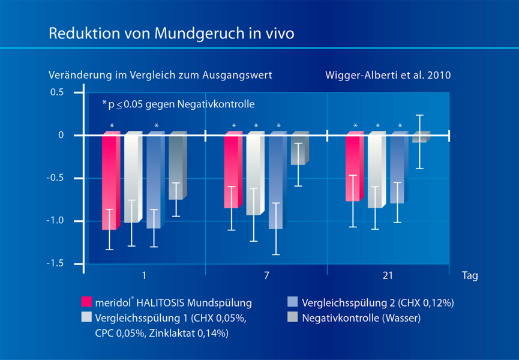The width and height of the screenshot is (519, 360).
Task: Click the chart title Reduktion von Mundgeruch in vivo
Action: pos(171,33)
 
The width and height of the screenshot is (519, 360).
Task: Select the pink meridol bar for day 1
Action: pos(109,180)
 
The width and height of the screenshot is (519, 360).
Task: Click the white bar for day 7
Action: pos(253,174)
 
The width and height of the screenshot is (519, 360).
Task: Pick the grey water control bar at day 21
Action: pos(419,138)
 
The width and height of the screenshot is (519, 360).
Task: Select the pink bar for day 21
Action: pos(353,168)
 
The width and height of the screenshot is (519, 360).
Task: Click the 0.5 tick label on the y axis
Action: pos(57,92)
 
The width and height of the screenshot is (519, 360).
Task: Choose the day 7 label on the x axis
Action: pos(266,276)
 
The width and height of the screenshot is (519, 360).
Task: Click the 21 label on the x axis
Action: pos(387,276)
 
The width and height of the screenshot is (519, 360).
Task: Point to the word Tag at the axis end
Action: pos(470,277)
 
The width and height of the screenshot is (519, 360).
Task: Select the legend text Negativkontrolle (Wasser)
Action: pos(361,318)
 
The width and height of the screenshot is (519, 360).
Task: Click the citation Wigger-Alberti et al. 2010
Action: pos(388,76)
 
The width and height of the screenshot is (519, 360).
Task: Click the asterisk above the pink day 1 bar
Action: pos(112,126)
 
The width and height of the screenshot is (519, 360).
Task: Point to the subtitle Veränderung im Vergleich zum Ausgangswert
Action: pos(160,76)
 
